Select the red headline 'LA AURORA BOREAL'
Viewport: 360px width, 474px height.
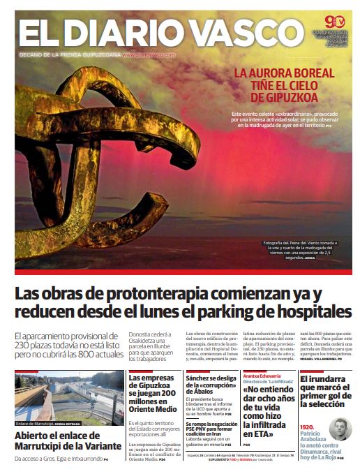point(284,73)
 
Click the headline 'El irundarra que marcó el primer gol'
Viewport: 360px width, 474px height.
point(325,392)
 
